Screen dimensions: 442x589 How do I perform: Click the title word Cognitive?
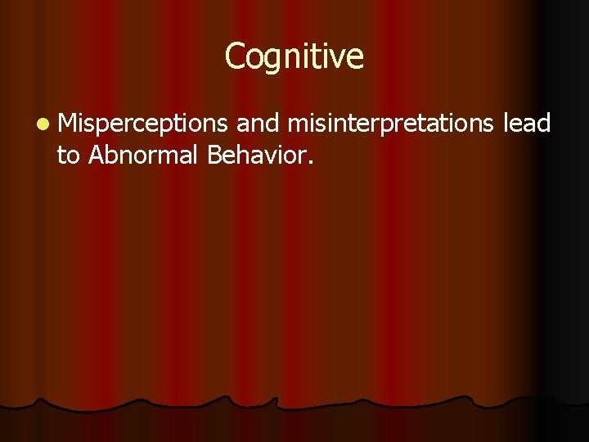point(294,57)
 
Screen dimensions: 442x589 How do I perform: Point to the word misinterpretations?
point(391,124)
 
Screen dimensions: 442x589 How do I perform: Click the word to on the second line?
point(68,154)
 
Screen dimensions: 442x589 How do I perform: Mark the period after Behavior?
point(309,160)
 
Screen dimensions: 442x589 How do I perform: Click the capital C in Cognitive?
point(234,56)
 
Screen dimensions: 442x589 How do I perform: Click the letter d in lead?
point(545,123)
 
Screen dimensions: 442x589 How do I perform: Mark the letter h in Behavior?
point(243,152)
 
